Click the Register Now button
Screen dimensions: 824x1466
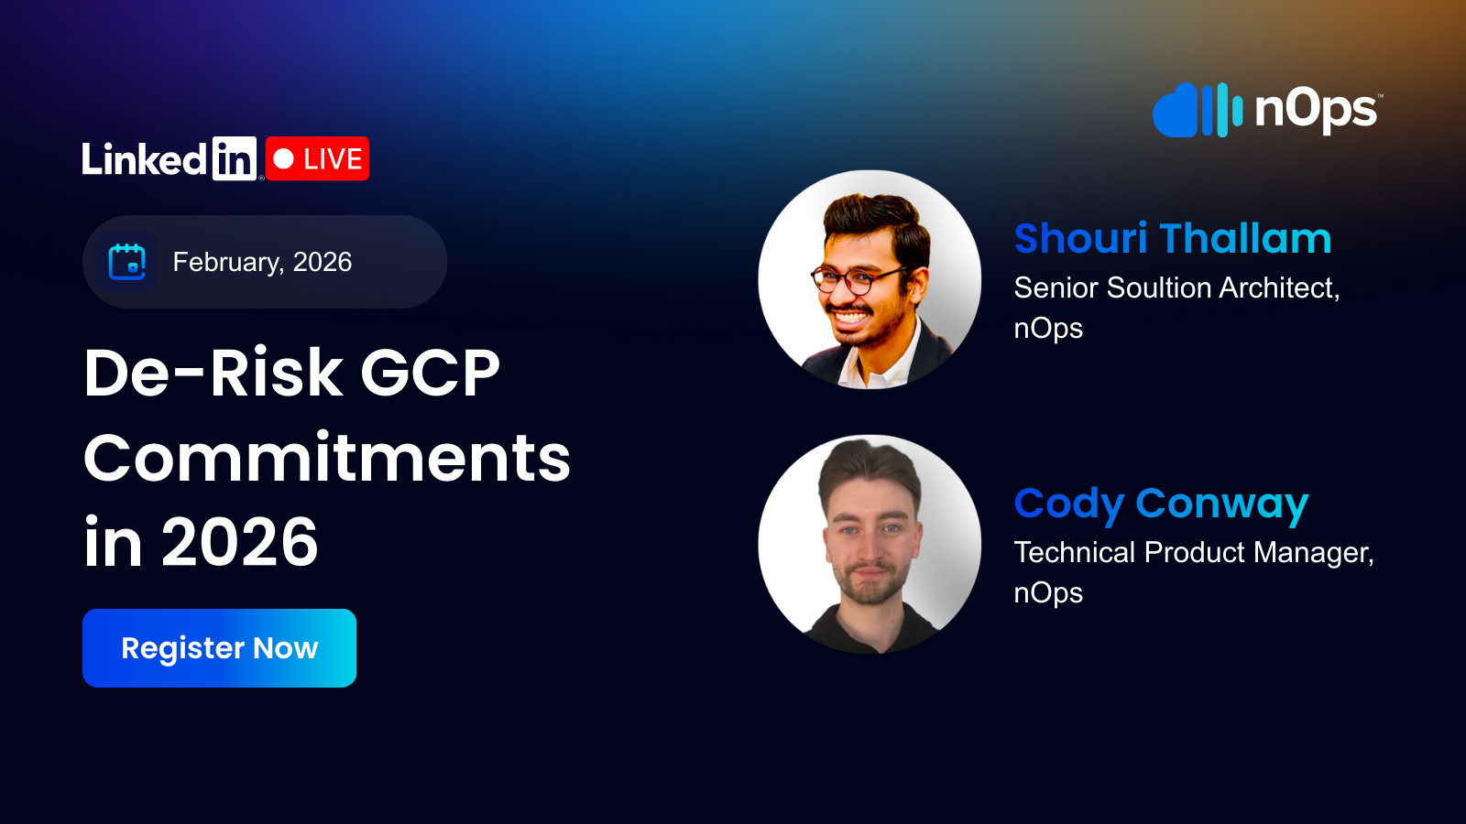(219, 648)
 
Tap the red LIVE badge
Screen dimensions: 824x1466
(317, 158)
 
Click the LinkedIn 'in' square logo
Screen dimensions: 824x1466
(234, 159)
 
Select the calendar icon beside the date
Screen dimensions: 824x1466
(127, 262)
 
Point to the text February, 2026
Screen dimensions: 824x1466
(262, 262)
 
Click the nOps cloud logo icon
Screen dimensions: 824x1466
(1197, 111)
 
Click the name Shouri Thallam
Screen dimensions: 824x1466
(1172, 239)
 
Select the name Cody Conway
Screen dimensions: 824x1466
(1161, 504)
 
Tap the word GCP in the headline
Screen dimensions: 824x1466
(430, 373)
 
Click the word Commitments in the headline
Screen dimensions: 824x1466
(327, 458)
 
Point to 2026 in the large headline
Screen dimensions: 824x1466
(240, 542)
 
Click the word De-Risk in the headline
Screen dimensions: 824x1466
(213, 373)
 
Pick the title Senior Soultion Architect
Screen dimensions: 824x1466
(1176, 287)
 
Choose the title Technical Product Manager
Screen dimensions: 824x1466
(1193, 552)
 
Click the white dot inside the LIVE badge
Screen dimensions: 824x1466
(284, 159)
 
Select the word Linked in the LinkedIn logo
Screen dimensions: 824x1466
(145, 160)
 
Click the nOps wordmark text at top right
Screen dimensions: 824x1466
(1316, 110)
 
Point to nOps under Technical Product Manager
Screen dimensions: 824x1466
(1048, 593)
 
